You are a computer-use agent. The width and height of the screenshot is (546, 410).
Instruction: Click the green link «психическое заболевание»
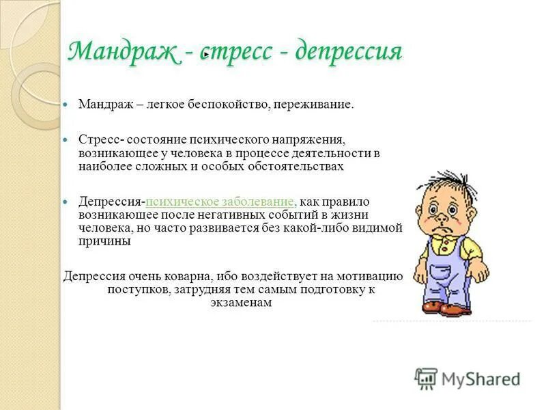point(220,202)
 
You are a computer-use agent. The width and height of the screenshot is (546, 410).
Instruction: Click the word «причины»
point(104,241)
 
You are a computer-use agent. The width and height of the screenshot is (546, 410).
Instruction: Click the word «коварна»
point(186,277)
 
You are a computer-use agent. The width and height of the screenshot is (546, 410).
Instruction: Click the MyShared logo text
point(481,378)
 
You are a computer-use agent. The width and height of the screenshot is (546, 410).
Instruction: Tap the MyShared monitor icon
point(426,378)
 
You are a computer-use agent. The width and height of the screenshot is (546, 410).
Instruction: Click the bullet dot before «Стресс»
point(66,139)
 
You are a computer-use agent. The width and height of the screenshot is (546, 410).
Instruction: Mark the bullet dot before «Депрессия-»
point(66,203)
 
